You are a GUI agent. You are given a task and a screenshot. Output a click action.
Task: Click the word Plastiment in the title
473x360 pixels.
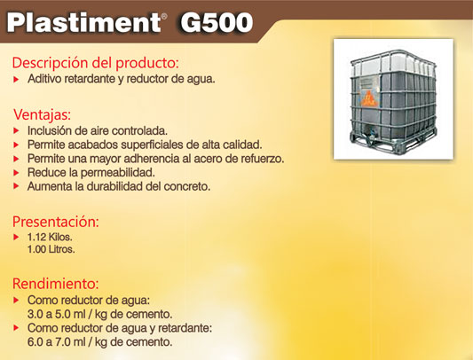[x=83, y=23]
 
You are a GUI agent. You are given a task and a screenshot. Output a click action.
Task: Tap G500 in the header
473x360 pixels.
[x=217, y=23]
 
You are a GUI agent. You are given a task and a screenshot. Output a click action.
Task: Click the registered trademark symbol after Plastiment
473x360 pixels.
[x=164, y=17]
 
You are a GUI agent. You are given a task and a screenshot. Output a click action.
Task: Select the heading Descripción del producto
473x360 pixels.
[x=95, y=63]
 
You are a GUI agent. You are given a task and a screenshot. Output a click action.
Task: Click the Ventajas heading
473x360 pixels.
[x=43, y=115]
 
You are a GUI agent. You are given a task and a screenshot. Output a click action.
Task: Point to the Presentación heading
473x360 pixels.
[x=56, y=222]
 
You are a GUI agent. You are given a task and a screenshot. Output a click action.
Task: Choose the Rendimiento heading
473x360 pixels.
[x=56, y=284]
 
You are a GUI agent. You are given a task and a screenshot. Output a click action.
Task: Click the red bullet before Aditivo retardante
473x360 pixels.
[x=16, y=80]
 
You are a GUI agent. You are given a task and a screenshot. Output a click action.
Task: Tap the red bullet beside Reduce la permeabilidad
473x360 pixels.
[x=16, y=173]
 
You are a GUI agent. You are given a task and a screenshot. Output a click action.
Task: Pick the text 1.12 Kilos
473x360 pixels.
[x=50, y=237]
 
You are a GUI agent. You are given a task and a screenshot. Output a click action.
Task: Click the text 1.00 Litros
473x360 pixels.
[x=51, y=249]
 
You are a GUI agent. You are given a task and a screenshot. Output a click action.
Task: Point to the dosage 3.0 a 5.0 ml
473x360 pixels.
[x=57, y=314]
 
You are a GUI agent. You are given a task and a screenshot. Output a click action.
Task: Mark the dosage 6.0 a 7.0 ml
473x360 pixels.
[x=57, y=342]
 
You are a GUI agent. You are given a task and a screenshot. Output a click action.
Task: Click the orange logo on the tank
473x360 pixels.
[x=368, y=98]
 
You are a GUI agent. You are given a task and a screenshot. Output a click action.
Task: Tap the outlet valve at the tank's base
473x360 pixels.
[x=371, y=132]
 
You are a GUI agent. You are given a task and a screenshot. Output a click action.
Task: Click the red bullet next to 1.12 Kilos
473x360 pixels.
[x=16, y=237]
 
